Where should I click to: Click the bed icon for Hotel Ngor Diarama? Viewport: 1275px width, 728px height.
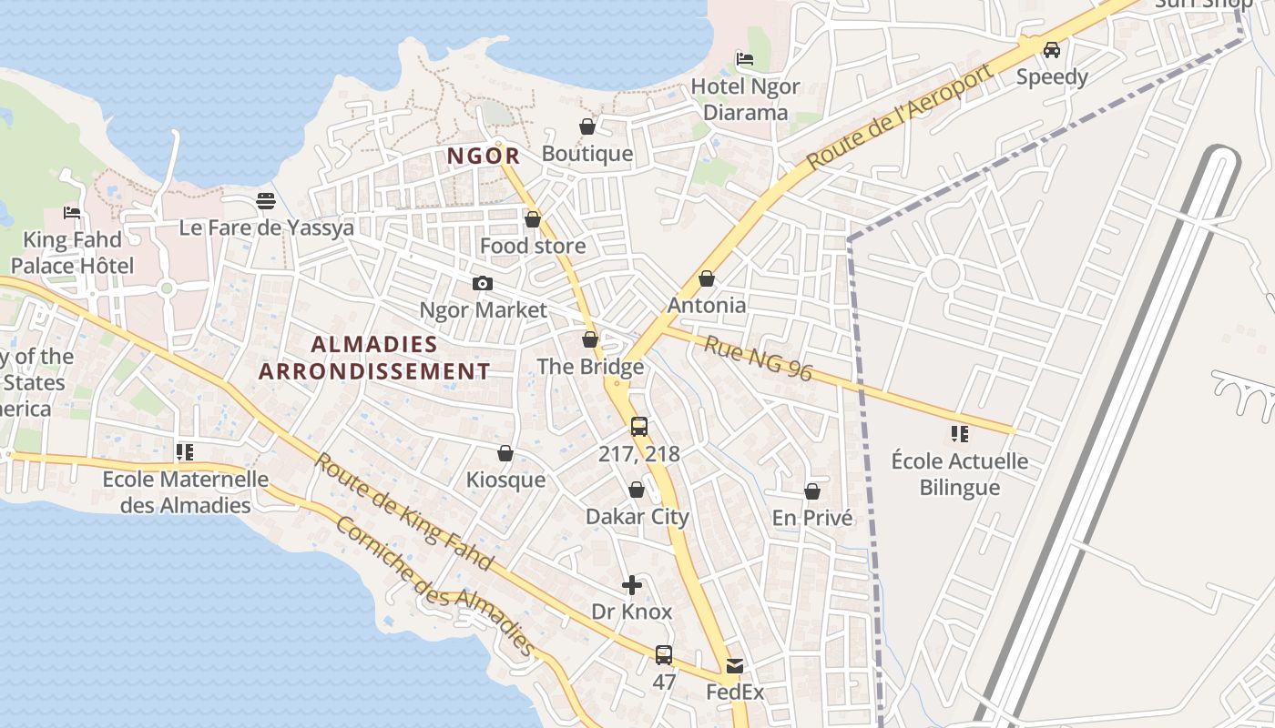coord(745,59)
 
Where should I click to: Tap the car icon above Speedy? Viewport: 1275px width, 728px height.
coord(1052,49)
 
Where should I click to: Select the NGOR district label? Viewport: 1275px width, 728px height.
coord(484,156)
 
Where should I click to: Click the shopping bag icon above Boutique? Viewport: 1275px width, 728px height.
coord(587,126)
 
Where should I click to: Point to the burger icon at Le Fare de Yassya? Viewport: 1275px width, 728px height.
coord(266,200)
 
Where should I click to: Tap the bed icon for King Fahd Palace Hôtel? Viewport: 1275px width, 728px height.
coord(72,213)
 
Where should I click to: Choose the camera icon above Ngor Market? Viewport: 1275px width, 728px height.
coord(483,284)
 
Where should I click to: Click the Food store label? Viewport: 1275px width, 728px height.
coord(533,246)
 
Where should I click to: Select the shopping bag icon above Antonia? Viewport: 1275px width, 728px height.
coord(707,278)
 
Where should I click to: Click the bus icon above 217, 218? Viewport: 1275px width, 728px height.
coord(639,426)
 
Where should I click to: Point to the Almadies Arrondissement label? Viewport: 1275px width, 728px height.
coord(374,358)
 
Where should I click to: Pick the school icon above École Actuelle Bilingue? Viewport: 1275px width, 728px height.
coord(959,433)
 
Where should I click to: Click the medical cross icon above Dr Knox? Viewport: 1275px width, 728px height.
coord(632,585)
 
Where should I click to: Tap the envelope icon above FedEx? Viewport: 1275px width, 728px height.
coord(735,666)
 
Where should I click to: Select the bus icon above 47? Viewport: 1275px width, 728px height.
coord(664,654)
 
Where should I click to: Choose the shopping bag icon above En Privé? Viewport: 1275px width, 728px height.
coord(812,491)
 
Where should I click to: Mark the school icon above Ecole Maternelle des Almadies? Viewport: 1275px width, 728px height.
coord(185,451)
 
